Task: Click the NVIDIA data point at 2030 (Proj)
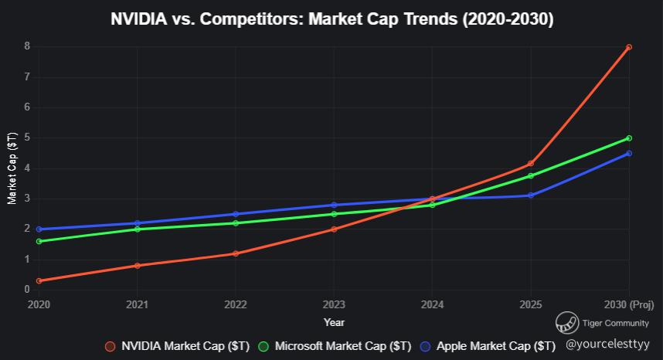[x=629, y=47]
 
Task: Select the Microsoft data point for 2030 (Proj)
[x=629, y=138]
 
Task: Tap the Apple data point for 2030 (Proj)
[x=629, y=153]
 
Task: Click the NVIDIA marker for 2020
[x=39, y=281]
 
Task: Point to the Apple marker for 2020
[x=39, y=229]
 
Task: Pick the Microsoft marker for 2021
[x=137, y=229]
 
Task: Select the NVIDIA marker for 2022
[x=235, y=253]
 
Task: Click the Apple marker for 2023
[x=334, y=205]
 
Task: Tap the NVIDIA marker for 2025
[x=531, y=164]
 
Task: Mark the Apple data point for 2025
[x=531, y=195]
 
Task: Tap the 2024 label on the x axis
[x=432, y=304]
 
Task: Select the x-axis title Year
[x=334, y=322]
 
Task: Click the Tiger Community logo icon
[x=568, y=323]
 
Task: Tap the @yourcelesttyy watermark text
[x=607, y=345]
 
